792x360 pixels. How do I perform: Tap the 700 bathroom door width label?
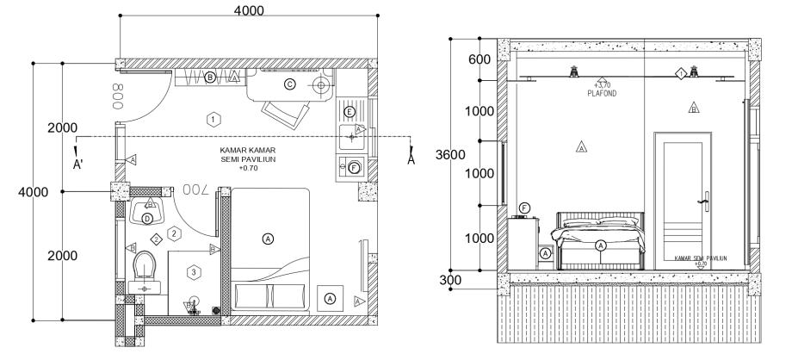(197, 188)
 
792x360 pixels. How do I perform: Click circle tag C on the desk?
(289, 84)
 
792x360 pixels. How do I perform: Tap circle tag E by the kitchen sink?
(350, 112)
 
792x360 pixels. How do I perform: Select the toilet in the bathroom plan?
(144, 266)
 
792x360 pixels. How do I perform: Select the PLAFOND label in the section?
(597, 90)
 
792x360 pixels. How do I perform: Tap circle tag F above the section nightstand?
(525, 208)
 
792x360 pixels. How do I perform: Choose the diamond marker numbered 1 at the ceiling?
(681, 74)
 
